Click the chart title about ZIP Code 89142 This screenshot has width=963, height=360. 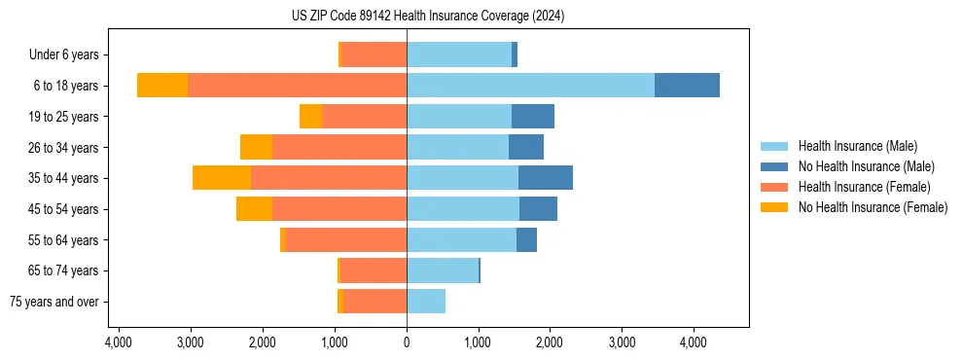[x=428, y=16]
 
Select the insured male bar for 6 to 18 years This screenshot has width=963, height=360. [x=530, y=86]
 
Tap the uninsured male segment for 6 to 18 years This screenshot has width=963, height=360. [x=687, y=86]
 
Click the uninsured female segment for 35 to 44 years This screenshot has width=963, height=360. [x=222, y=178]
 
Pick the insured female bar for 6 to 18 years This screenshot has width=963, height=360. [x=297, y=86]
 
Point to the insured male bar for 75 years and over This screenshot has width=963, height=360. [x=426, y=302]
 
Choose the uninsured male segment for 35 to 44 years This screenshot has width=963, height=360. [x=546, y=178]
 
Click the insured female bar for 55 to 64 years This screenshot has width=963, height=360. [x=346, y=240]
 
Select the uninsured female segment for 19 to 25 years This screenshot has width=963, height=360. [x=310, y=117]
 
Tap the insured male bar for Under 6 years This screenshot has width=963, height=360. [x=459, y=54]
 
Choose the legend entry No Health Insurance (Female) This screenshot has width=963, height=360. [x=873, y=207]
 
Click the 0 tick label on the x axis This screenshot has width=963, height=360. [x=407, y=342]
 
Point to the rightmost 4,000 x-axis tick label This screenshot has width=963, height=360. [x=693, y=342]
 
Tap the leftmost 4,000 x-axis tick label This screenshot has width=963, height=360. [x=118, y=342]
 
